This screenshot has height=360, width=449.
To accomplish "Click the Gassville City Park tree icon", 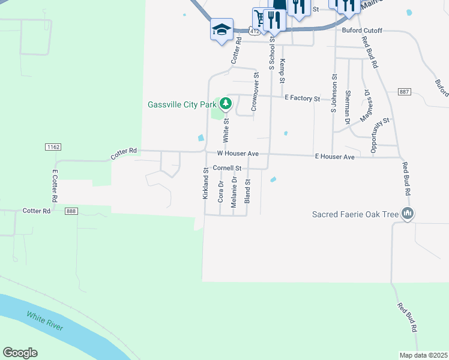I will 226,104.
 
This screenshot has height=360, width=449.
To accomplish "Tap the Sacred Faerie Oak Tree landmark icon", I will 408,213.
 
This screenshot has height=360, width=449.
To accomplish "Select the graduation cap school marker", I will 221,29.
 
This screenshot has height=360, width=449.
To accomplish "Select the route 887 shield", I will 403,91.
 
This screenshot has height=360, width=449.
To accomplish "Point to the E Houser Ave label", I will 334,157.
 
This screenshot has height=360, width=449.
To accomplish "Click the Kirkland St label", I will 205,184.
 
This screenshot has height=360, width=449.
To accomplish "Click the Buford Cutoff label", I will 362,30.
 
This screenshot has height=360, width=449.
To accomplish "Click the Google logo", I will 20,353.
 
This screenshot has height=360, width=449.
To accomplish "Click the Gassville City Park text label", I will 182,104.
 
